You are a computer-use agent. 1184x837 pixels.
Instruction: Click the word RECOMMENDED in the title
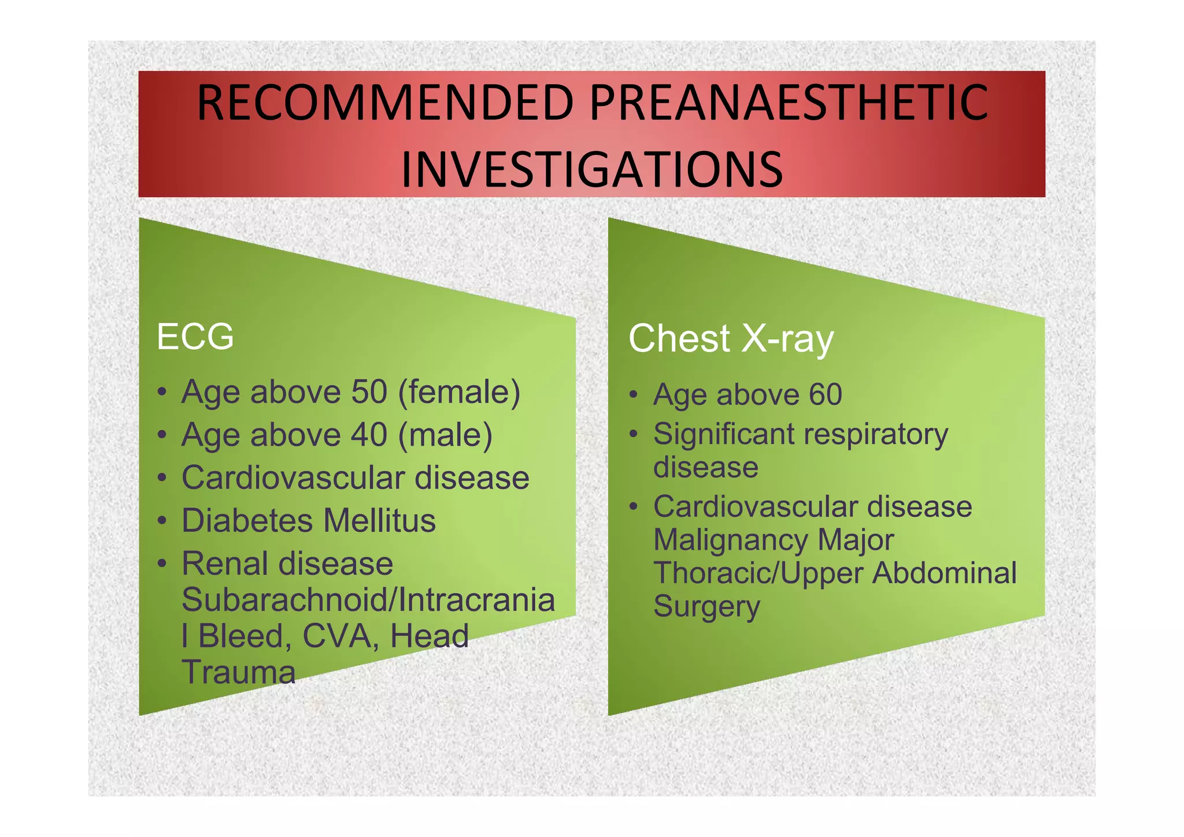[x=385, y=103]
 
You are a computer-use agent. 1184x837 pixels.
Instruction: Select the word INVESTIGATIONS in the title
[x=591, y=169]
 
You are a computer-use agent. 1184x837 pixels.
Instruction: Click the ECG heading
[x=195, y=336]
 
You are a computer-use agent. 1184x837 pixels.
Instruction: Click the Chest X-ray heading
[x=731, y=339]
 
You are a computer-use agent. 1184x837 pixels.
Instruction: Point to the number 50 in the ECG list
[x=369, y=392]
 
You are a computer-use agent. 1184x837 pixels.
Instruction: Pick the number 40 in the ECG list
[x=369, y=435]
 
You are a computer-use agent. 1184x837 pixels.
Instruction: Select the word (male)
[x=445, y=435]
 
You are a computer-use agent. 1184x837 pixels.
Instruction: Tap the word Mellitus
[x=379, y=520]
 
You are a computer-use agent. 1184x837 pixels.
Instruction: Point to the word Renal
[x=225, y=564]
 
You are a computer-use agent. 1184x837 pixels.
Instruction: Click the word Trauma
[x=238, y=672]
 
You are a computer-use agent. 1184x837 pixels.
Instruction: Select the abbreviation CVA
[x=338, y=636]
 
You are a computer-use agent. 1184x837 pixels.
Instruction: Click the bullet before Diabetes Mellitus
[x=164, y=521]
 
